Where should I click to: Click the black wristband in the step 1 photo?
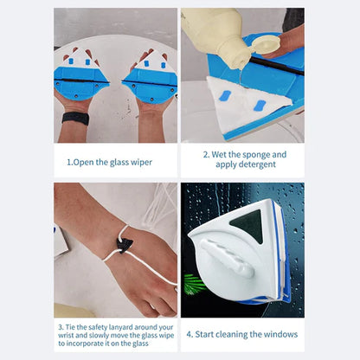click(75, 118)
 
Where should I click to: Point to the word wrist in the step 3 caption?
click(71, 335)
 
